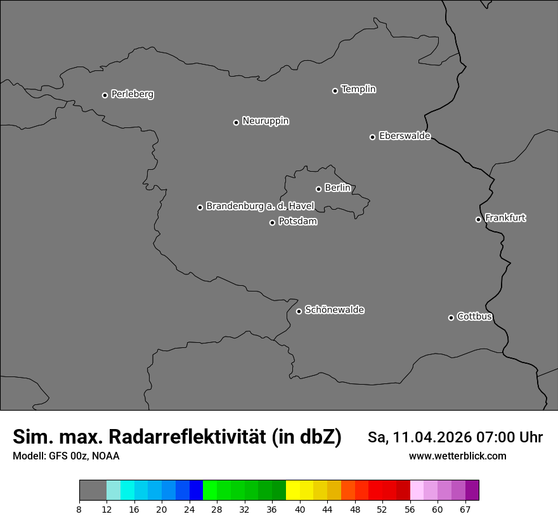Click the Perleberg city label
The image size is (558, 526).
click(133, 94)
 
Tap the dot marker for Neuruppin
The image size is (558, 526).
click(236, 122)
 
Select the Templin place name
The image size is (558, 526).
click(358, 89)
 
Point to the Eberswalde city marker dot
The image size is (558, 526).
click(372, 137)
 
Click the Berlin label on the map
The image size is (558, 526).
click(337, 188)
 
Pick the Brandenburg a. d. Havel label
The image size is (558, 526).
click(260, 206)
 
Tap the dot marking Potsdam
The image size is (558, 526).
click(272, 222)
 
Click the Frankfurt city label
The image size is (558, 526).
click(505, 218)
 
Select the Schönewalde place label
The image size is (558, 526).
click(335, 310)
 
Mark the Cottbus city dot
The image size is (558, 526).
click(451, 318)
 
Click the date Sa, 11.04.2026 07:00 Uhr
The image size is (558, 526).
click(455, 437)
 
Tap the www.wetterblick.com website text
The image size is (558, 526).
click(457, 456)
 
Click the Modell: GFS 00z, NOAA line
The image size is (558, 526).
click(66, 456)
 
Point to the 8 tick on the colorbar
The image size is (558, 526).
click(79, 510)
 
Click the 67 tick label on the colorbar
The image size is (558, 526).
click(465, 510)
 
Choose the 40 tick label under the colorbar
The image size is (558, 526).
click(299, 510)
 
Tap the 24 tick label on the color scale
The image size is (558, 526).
click(189, 510)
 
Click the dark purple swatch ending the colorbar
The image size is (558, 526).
click(472, 491)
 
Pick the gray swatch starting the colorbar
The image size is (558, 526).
click(93, 491)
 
